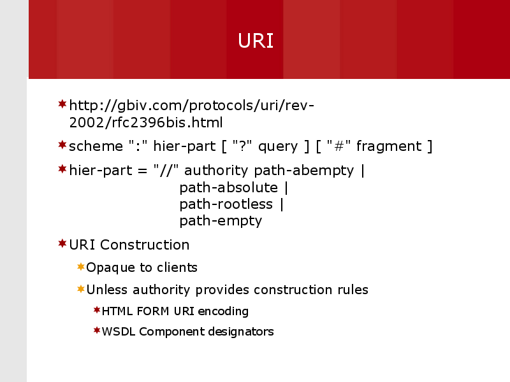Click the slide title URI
tap(256, 41)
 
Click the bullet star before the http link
tap(62, 104)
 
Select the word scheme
tap(96, 146)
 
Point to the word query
tap(278, 146)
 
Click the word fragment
tap(389, 146)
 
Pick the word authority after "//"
tap(217, 171)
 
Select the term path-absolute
tap(229, 188)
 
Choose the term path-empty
tap(221, 221)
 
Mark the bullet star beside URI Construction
tap(62, 243)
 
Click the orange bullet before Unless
tap(80, 288)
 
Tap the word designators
tap(242, 332)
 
